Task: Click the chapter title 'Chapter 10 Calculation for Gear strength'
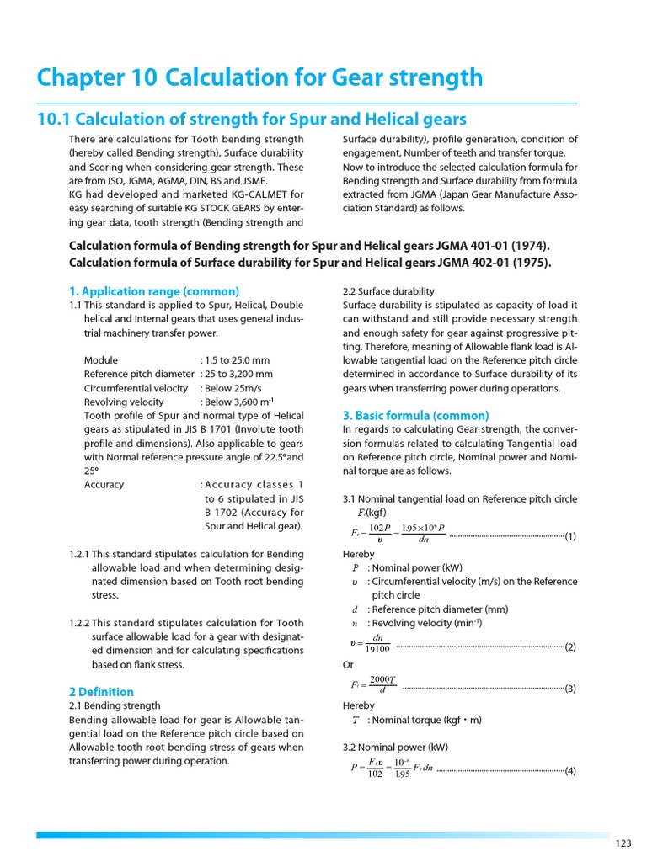coord(259,77)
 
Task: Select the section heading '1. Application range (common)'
coord(154,291)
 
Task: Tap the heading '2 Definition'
coord(101,692)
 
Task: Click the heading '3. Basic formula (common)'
coord(415,416)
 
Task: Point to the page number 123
coord(623,843)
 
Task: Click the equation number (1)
coord(570,535)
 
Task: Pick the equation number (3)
coord(570,689)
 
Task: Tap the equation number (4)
coord(570,770)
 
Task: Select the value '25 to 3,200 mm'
coord(239,374)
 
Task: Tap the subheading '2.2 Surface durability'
coord(388,291)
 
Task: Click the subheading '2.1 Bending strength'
coord(115,705)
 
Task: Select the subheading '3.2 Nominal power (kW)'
coord(395,747)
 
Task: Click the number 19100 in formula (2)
coord(377,649)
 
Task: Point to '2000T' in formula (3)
coord(382,679)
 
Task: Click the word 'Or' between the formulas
coord(349,665)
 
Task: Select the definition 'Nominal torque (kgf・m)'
coord(425,720)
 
